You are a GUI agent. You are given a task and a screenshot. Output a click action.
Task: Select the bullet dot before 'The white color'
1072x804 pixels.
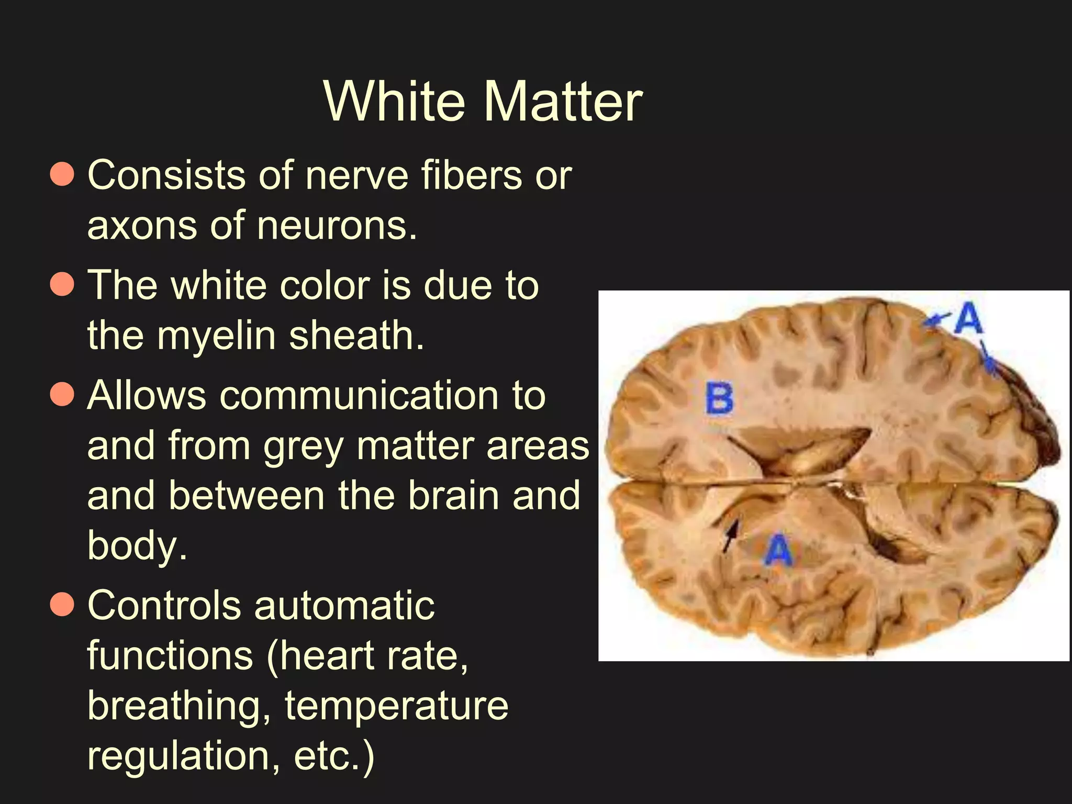click(x=62, y=285)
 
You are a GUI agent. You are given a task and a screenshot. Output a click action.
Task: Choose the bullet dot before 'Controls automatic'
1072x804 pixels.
click(x=62, y=605)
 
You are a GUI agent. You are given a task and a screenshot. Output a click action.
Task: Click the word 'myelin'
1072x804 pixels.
click(x=217, y=337)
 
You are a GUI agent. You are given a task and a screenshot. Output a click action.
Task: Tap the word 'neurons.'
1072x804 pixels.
click(x=337, y=226)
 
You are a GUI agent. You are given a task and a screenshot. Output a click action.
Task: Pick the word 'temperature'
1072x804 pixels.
click(x=396, y=706)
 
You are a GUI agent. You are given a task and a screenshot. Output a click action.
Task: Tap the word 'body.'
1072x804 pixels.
click(x=137, y=545)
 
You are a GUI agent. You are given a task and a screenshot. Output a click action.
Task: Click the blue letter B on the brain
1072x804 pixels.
click(x=720, y=399)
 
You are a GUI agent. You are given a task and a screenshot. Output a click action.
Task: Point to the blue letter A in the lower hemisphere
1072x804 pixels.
click(x=779, y=550)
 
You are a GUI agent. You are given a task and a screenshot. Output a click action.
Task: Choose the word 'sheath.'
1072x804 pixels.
click(x=356, y=336)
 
